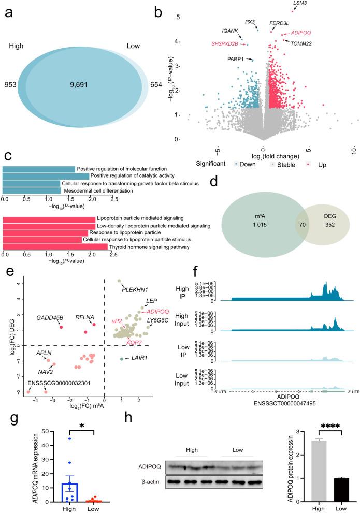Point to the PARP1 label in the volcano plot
[236, 60]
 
